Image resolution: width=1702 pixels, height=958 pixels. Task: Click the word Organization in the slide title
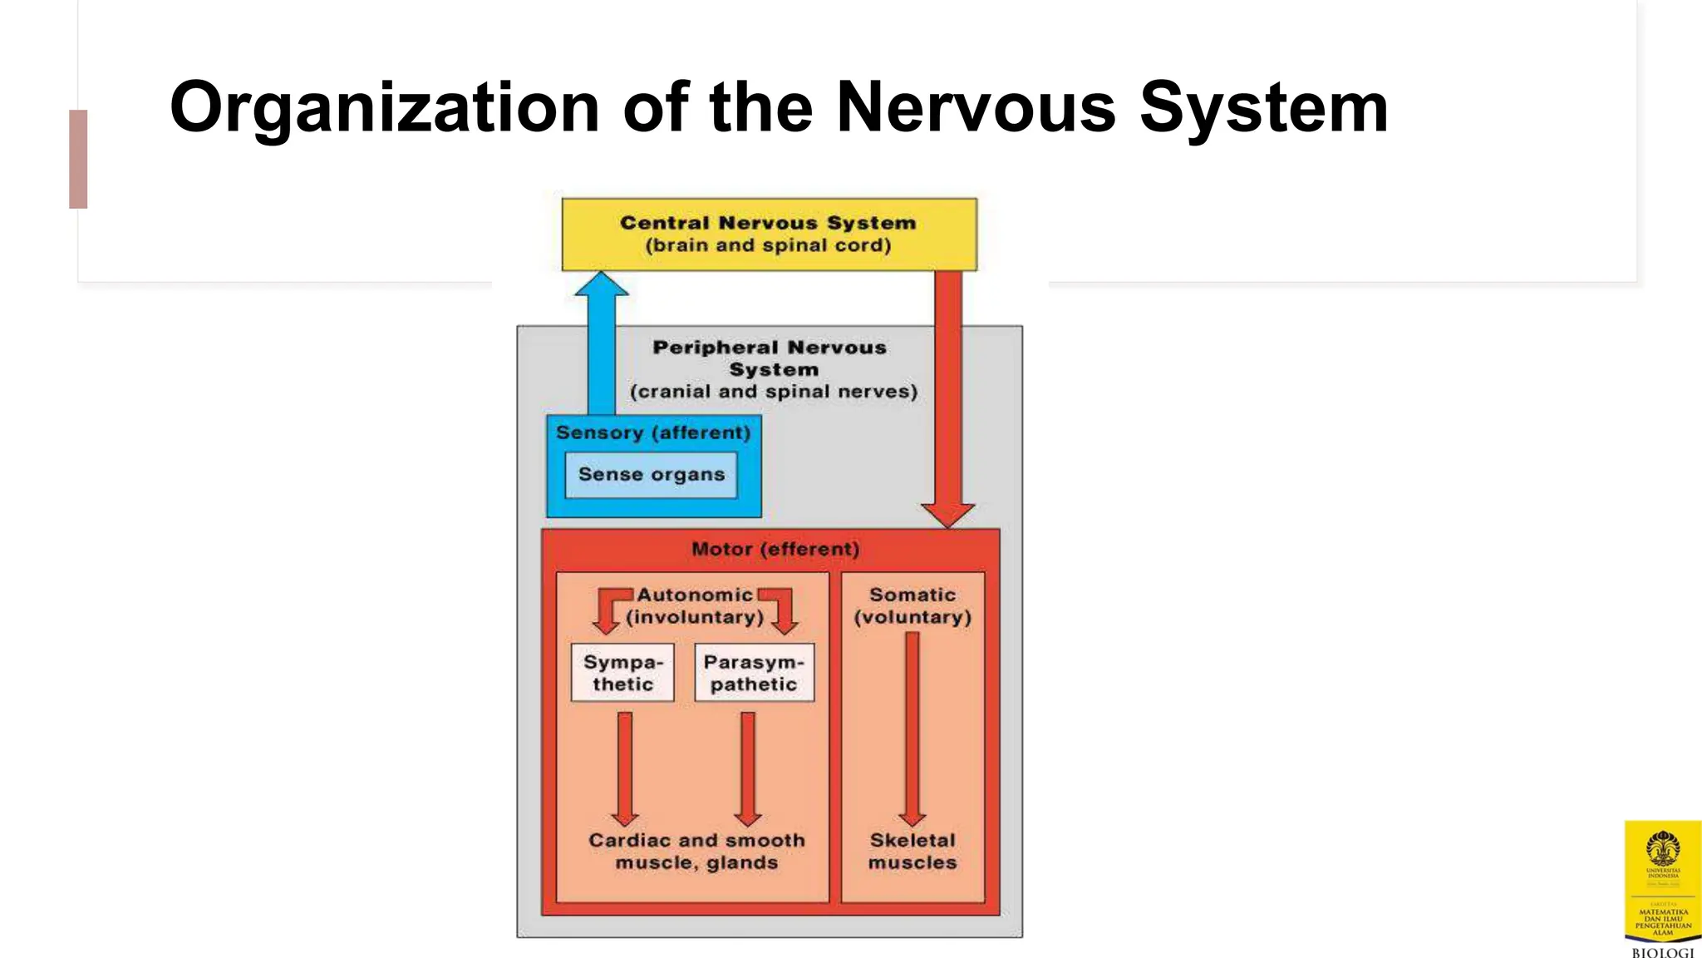[384, 109]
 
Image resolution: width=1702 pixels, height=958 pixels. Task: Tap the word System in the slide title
[1263, 109]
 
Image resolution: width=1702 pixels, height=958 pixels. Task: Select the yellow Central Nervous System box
[769, 234]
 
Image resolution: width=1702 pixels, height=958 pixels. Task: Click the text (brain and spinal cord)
[768, 246]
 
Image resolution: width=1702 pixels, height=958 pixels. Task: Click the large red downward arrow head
[947, 513]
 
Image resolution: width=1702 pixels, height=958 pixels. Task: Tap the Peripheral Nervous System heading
[770, 358]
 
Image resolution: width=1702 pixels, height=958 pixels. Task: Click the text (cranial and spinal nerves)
[774, 392]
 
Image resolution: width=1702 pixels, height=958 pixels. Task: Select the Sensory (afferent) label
[653, 432]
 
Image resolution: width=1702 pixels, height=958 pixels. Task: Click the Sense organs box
[652, 475]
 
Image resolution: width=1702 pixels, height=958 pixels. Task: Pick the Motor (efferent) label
[775, 549]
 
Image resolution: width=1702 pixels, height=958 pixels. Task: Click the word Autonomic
[695, 595]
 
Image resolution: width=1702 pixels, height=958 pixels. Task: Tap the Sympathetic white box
[622, 673]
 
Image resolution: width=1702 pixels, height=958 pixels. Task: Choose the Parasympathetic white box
[754, 673]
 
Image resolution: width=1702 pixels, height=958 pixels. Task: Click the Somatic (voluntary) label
[912, 606]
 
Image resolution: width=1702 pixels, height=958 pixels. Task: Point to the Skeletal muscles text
[912, 852]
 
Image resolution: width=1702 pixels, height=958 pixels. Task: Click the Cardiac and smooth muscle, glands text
[696, 852]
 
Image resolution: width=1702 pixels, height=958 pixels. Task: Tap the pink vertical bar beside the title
[78, 159]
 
